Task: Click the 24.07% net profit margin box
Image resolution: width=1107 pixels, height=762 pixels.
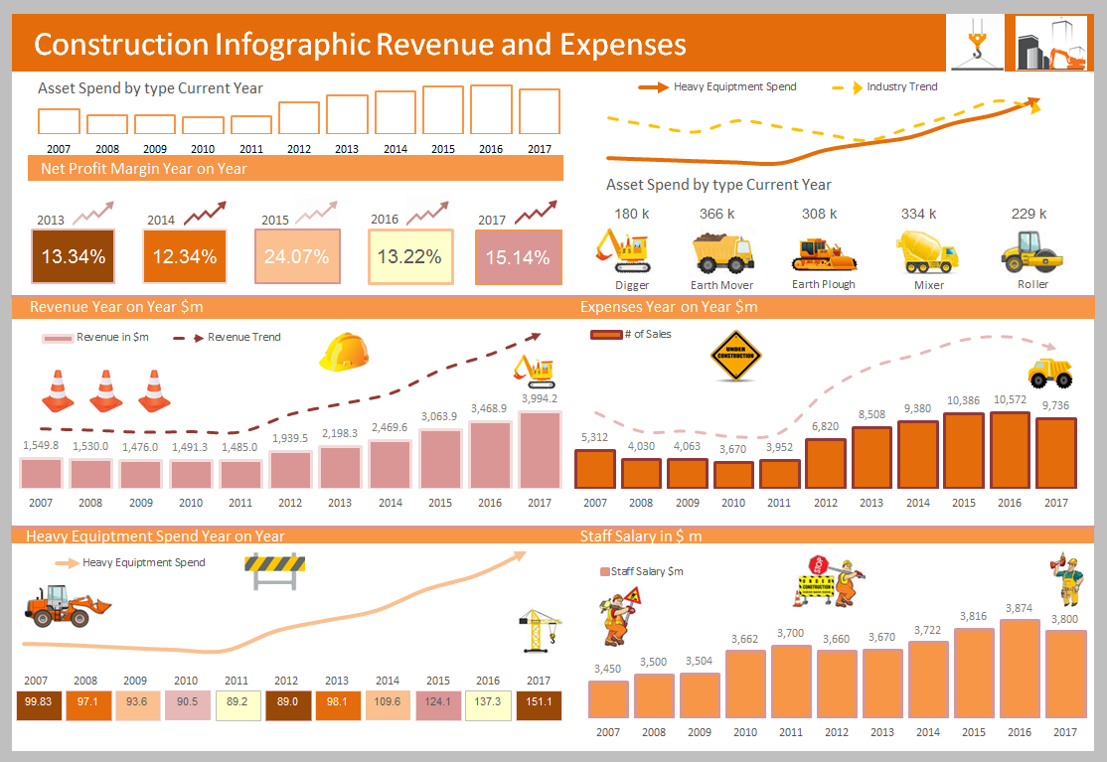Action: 297,257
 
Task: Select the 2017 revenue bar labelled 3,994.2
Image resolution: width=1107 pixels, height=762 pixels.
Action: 539,449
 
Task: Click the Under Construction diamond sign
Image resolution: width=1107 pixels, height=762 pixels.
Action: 735,356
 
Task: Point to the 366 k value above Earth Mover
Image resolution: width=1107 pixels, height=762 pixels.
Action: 716,214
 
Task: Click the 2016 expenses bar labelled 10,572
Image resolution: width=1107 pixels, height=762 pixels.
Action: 1010,450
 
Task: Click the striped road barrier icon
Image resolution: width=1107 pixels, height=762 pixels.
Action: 274,571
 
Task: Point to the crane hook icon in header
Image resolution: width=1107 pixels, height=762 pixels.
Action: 976,43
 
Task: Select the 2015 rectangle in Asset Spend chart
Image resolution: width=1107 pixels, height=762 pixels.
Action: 443,109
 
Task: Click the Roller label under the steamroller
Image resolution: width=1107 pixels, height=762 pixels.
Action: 1032,284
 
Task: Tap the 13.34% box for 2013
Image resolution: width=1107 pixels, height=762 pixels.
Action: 74,257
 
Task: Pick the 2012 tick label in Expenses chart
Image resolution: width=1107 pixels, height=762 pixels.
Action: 826,503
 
